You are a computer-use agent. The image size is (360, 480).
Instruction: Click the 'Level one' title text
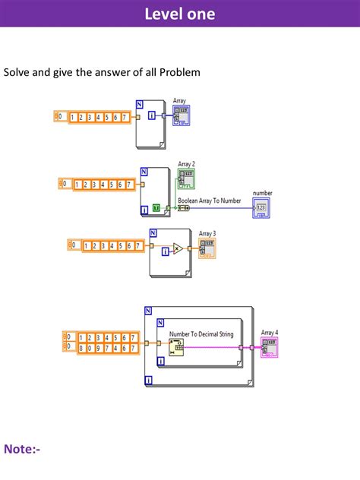pos(180,14)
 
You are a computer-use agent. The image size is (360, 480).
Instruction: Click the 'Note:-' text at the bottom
pos(23,450)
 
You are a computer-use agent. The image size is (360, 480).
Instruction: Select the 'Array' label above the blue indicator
pos(179,100)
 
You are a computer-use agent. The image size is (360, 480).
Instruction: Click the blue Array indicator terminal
pos(182,115)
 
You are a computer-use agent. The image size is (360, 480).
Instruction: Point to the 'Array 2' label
pos(187,163)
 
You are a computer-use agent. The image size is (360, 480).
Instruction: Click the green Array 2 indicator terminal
pos(187,179)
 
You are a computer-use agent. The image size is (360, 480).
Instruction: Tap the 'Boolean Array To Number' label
pos(209,201)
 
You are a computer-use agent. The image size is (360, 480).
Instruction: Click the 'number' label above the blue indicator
pos(262,194)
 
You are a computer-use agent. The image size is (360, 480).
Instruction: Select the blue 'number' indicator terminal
pos(262,207)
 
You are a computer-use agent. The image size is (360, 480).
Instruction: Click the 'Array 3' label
pos(207,234)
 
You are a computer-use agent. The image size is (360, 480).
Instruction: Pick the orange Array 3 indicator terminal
pos(207,248)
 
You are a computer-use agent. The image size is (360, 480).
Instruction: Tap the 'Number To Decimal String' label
pos(201,333)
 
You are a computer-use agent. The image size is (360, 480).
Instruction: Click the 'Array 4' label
pos(270,333)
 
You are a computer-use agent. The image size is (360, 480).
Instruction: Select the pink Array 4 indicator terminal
pos(270,348)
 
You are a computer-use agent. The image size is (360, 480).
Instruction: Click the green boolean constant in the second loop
pos(156,207)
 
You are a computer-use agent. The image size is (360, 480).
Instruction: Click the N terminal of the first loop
pos(140,104)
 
